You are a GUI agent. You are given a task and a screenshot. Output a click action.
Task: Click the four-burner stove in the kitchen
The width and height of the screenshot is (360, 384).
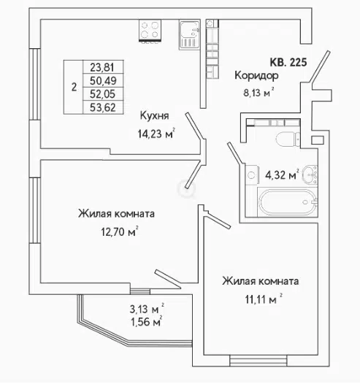coord(150,30)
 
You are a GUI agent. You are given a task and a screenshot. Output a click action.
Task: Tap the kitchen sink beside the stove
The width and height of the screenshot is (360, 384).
coord(189,35)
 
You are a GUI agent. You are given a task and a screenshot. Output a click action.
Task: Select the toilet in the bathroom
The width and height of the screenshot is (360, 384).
coord(288,139)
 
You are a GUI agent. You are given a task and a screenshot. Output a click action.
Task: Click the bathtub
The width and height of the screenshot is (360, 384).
coord(288,202)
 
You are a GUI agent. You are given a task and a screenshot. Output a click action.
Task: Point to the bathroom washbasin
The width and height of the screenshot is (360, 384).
coord(310,174)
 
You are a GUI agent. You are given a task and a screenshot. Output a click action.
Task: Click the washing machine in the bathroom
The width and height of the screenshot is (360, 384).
coord(252,174)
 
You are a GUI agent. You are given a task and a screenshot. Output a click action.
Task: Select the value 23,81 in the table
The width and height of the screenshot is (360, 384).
coord(102,67)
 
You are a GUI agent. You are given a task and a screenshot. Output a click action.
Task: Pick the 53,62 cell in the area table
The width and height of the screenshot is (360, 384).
coord(103,107)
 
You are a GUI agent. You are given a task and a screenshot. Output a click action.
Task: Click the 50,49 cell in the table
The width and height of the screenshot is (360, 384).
coord(103,80)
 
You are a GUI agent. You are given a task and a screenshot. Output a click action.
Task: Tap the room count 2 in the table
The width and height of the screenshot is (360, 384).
coord(74,87)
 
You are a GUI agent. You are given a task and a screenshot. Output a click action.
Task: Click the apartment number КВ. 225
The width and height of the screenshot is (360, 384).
coord(288,62)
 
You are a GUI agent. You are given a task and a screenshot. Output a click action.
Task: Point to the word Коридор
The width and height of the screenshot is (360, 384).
coord(256,76)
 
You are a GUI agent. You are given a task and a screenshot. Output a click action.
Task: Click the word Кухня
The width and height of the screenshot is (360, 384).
coord(154,116)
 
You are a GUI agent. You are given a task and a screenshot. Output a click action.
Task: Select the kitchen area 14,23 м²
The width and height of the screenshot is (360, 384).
coord(156,134)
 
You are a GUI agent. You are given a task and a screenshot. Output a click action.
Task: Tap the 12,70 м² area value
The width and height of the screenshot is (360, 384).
coord(120,231)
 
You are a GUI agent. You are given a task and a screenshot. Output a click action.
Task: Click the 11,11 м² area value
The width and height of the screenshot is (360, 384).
coord(264,299)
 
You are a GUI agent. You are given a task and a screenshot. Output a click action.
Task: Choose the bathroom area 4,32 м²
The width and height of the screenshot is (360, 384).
coord(283,175)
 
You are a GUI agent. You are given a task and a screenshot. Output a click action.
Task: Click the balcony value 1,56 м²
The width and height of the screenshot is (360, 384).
coord(147,321)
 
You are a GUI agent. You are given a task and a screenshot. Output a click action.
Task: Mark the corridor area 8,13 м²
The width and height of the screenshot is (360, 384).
coord(258,93)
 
